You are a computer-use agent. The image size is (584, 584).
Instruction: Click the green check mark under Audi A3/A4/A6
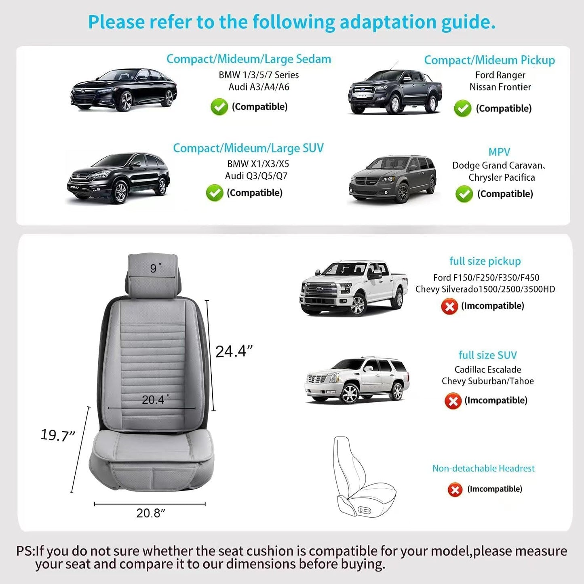point(219,107)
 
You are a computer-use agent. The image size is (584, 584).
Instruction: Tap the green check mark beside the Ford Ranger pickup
point(463,108)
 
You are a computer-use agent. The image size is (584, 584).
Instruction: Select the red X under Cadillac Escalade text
point(453,401)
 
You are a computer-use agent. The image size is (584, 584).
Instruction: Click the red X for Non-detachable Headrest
point(455,489)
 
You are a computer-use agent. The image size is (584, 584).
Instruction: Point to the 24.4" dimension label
point(234,351)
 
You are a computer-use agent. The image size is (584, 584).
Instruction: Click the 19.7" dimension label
point(58,435)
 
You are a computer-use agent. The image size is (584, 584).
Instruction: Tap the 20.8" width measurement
point(150,513)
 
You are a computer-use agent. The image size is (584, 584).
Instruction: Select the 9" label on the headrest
point(155,268)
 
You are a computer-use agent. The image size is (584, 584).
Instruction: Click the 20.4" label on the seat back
point(155,400)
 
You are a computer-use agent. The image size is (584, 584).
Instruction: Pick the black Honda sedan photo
point(124,90)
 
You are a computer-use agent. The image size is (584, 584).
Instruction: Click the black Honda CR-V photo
point(118,178)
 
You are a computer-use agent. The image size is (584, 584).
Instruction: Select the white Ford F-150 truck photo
point(353,287)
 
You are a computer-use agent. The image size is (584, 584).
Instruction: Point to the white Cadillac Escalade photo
point(357,380)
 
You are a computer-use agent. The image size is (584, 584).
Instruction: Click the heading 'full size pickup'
point(485,261)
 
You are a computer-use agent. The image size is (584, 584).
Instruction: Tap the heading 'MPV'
point(499,152)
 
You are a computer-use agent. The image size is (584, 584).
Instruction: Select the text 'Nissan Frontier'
point(500,87)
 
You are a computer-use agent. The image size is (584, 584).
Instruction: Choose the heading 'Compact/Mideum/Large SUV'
point(248,148)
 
